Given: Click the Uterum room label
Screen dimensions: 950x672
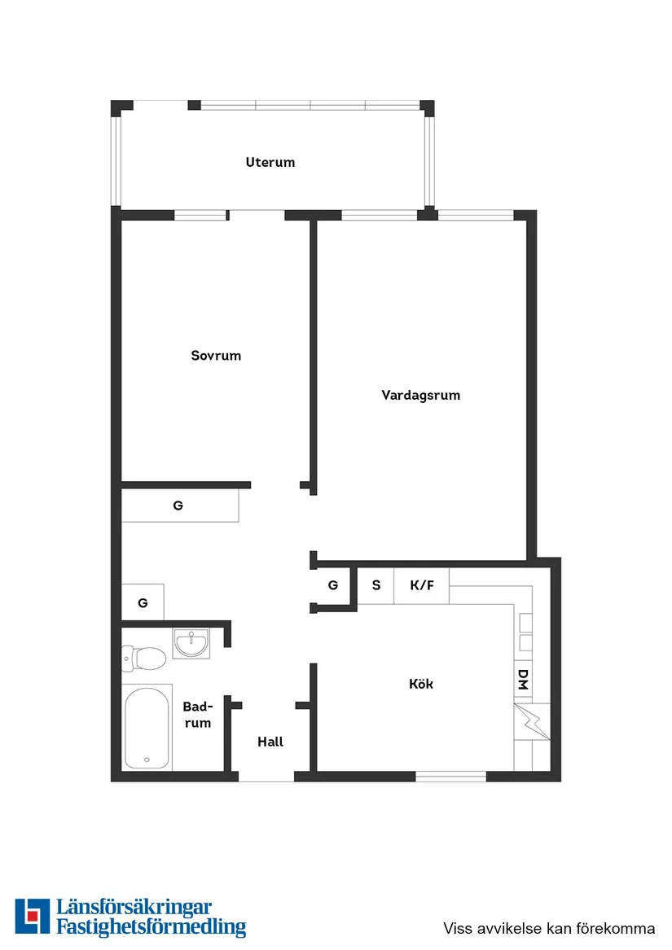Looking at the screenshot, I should point(270,162).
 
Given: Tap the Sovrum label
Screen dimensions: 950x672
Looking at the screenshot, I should point(216,356).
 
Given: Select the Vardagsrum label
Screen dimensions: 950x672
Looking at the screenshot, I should point(420,396).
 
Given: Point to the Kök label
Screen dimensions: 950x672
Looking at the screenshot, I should point(421,684).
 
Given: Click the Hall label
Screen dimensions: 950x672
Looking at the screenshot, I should point(270,742).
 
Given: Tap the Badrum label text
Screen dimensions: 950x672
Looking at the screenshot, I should point(197,715).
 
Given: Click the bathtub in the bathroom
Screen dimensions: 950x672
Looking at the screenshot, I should point(147,727).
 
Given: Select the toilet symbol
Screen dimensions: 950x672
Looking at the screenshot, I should point(139,658).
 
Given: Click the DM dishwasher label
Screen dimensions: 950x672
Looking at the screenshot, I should point(523,680).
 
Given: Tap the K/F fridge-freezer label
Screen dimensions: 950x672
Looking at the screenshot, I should point(422,584).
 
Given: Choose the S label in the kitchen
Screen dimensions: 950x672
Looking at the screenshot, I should point(376,584).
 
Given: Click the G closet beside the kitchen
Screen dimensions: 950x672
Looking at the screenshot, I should point(333,584).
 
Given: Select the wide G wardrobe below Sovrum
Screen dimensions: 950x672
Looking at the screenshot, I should point(179,506).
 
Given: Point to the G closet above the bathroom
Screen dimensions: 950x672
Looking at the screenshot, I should point(143,603).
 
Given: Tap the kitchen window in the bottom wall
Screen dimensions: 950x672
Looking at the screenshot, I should point(450,776).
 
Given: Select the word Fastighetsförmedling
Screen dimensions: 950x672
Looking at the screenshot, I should point(151,926).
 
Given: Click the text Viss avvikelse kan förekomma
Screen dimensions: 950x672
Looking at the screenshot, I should point(549,928).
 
